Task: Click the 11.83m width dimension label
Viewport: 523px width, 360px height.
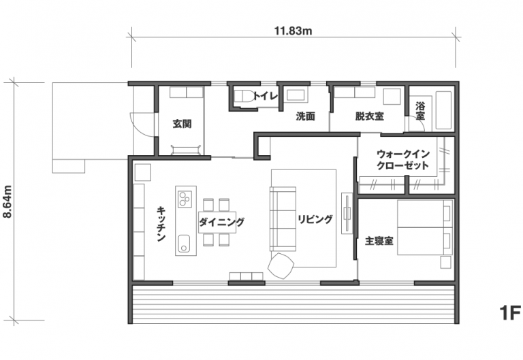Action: pos(293,31)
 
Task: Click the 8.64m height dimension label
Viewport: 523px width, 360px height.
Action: pos(7,201)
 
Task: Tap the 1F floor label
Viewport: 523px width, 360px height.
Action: pos(510,313)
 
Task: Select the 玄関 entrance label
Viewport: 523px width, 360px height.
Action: pos(182,124)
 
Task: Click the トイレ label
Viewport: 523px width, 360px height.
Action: pos(265,97)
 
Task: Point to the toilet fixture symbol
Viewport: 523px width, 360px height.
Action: pos(244,97)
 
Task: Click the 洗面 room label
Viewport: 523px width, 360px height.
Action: pos(305,116)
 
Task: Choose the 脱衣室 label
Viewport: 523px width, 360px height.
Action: pos(369,116)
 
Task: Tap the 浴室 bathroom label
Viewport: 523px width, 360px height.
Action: pos(420,112)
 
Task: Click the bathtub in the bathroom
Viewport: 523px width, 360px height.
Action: pos(443,110)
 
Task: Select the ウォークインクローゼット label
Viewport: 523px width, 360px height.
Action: pos(403,160)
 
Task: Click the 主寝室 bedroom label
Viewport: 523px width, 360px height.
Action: pos(379,241)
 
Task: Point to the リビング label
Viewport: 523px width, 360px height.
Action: pos(315,219)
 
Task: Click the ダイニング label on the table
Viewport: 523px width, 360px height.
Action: pos(221,222)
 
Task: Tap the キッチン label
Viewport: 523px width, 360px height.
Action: pos(161,224)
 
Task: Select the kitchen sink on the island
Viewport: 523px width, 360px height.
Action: pos(184,244)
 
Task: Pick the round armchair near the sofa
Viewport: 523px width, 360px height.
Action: pos(281,265)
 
